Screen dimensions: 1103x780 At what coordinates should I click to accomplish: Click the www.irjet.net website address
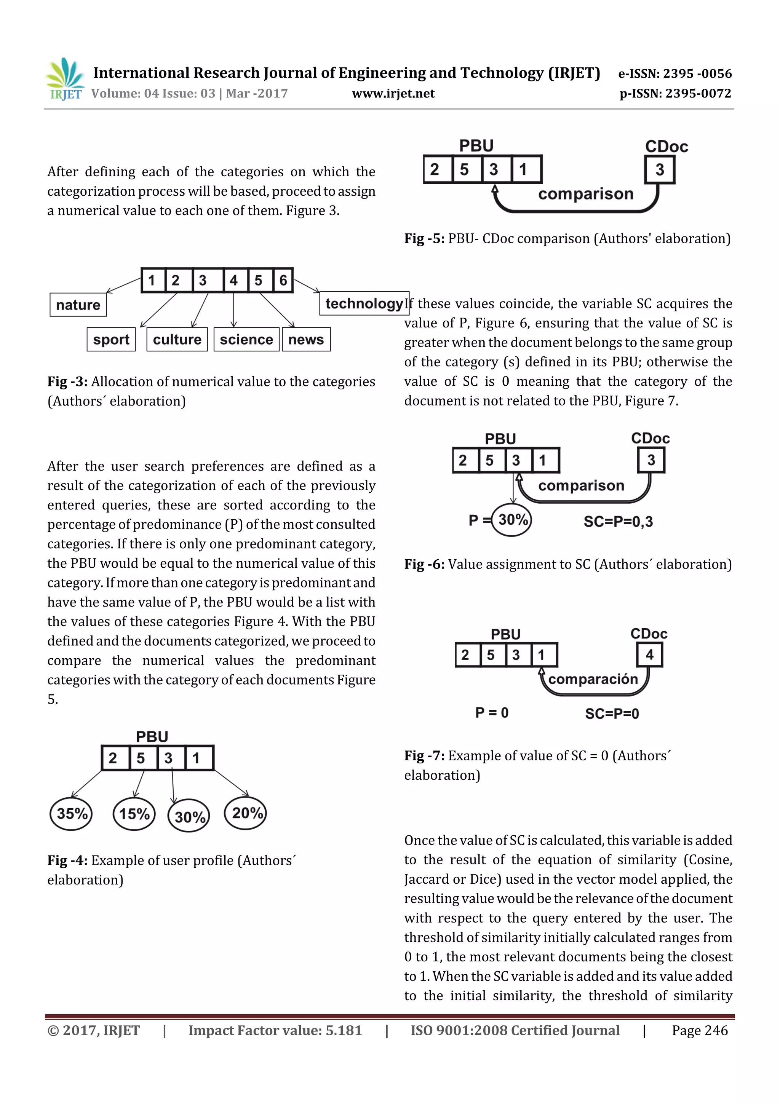click(393, 93)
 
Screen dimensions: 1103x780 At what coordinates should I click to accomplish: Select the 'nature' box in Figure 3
click(78, 305)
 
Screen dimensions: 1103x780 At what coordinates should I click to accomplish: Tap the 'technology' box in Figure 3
click(364, 303)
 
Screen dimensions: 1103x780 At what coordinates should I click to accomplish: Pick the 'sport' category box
click(111, 339)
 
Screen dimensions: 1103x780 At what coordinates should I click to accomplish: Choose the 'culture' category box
click(177, 339)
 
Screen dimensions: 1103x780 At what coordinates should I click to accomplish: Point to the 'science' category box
click(246, 339)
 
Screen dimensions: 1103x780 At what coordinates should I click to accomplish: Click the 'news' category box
click(306, 339)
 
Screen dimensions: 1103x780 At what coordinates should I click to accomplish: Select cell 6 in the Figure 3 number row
click(283, 280)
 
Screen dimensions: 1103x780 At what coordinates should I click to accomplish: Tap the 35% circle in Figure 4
click(71, 813)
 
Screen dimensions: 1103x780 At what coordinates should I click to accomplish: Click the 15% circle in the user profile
click(134, 813)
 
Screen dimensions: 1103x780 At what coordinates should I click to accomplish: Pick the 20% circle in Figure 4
click(246, 812)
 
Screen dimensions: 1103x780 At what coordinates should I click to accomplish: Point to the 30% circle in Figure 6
click(512, 519)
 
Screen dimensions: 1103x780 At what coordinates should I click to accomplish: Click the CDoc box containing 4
click(649, 654)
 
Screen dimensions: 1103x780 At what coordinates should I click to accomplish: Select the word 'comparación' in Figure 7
click(593, 679)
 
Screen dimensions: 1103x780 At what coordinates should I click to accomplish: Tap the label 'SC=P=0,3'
click(618, 521)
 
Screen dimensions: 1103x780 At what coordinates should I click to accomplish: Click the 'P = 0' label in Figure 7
click(492, 712)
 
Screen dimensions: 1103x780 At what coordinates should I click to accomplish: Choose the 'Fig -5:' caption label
click(424, 238)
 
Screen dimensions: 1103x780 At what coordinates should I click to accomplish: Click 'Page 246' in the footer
click(699, 1030)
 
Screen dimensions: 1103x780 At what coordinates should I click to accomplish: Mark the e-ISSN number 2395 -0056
click(697, 73)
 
